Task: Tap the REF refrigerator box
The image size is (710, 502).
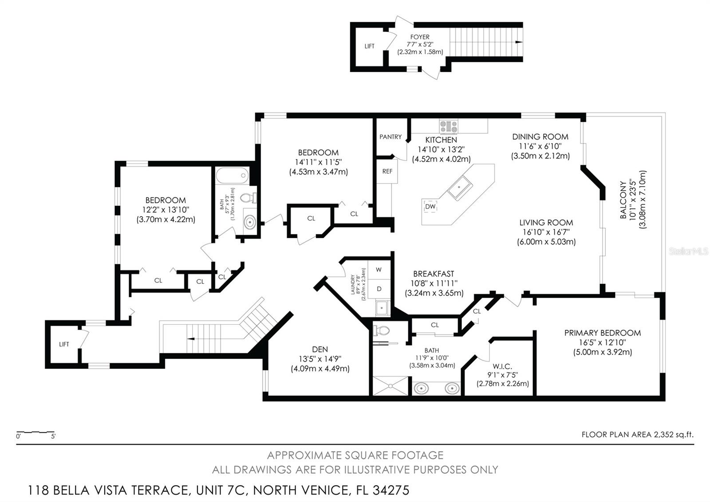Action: click(387, 171)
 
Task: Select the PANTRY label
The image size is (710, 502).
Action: click(390, 137)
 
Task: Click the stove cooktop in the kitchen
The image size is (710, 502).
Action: click(449, 126)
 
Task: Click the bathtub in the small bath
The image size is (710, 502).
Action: click(232, 175)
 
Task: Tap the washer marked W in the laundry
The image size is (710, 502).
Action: click(379, 270)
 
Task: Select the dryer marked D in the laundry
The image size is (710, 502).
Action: click(379, 289)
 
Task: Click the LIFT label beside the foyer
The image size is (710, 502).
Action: click(370, 46)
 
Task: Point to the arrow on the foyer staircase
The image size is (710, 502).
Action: click(518, 42)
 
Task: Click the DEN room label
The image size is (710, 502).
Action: click(320, 349)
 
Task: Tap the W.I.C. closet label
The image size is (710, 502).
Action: click(502, 367)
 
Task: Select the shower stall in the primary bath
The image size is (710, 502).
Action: click(390, 386)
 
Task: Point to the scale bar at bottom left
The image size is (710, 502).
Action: click(35, 432)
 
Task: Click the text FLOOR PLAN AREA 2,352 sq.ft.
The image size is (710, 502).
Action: click(637, 434)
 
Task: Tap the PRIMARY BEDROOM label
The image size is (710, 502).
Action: click(602, 333)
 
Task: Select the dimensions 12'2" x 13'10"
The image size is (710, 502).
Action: click(166, 210)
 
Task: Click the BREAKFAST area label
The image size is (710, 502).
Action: click(434, 274)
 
